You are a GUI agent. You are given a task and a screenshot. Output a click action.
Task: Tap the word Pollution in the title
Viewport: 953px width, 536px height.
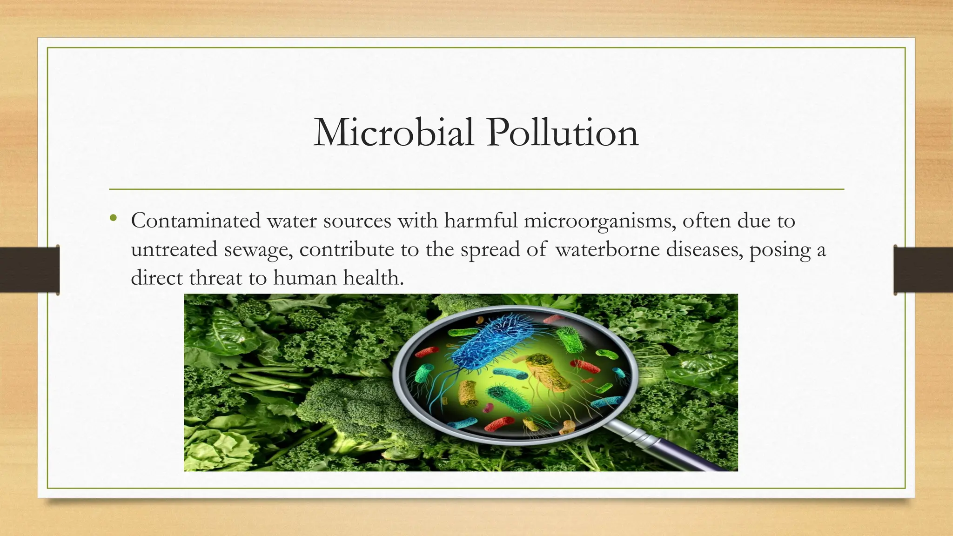pyautogui.click(x=563, y=133)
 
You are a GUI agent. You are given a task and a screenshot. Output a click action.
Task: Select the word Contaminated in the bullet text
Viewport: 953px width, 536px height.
pyautogui.click(x=195, y=221)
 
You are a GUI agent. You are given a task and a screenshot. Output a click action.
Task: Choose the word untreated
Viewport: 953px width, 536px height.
pyautogui.click(x=174, y=249)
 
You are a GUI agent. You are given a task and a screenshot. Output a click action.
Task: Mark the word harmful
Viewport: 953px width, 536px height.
pyautogui.click(x=481, y=221)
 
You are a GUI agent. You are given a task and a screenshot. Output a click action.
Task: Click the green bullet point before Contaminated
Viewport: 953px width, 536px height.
pyautogui.click(x=114, y=218)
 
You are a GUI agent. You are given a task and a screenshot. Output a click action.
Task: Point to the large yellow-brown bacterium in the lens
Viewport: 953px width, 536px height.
pyautogui.click(x=549, y=372)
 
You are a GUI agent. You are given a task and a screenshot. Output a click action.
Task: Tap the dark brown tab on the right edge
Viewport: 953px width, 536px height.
pyautogui.click(x=923, y=270)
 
